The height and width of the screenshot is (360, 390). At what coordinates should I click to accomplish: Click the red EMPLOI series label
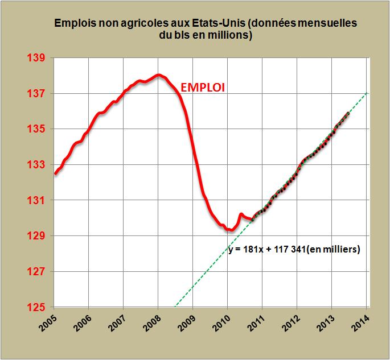(x=203, y=87)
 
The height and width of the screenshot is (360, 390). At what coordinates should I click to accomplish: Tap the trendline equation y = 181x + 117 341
(x=294, y=249)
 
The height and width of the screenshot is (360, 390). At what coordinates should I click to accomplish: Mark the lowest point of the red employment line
(x=229, y=230)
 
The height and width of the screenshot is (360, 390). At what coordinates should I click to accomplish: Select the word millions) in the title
(x=232, y=35)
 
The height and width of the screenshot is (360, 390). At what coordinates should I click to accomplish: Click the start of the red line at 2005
(x=55, y=174)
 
